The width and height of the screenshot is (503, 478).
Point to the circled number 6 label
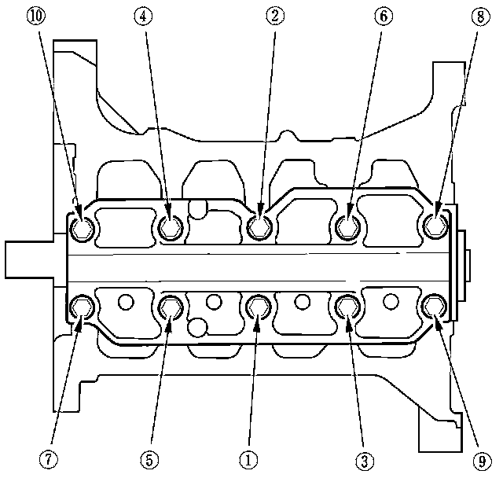pyautogui.click(x=379, y=17)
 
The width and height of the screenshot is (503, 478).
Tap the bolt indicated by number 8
pyautogui.click(x=435, y=227)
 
